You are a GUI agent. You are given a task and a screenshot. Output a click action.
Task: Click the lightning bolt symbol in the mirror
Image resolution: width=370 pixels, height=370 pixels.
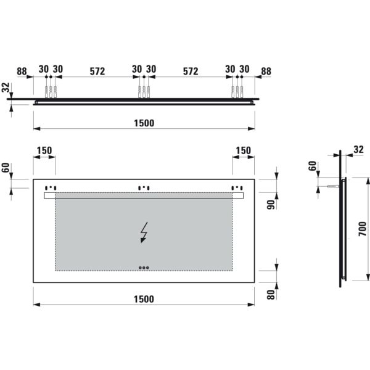tap(144, 232)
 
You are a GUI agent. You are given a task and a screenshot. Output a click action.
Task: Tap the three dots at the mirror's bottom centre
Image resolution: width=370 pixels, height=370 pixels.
tap(144, 268)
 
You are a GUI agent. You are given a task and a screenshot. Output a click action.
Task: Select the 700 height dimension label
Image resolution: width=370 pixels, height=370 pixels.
tap(363, 229)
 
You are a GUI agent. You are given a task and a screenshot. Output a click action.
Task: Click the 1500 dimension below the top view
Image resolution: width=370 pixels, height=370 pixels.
tap(144, 123)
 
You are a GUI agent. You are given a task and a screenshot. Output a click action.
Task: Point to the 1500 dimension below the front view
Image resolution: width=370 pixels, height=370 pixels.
tap(144, 299)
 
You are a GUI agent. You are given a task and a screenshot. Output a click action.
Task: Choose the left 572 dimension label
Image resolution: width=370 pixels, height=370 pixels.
tap(97, 71)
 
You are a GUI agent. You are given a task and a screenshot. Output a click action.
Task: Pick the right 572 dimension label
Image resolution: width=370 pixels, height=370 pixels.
tap(191, 71)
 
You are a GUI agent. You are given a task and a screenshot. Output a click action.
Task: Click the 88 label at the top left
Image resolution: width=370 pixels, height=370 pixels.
tap(22, 71)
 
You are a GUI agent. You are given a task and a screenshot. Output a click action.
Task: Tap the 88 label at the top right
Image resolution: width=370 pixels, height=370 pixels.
tap(266, 71)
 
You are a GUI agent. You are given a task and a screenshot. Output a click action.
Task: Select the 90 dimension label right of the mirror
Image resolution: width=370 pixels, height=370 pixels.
tap(271, 205)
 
